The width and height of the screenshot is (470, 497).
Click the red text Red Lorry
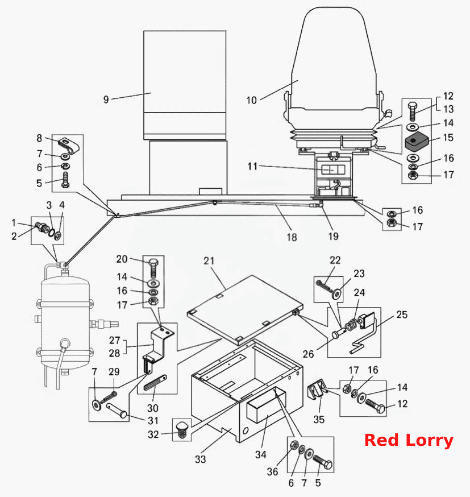[x=409, y=441]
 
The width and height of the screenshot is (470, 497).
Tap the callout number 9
[x=106, y=100]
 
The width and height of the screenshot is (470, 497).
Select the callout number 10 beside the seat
[x=251, y=101]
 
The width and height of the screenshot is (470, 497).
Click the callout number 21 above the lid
[x=209, y=261]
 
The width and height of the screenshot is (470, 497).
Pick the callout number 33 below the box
[x=200, y=459]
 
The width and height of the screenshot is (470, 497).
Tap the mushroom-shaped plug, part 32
[x=182, y=430]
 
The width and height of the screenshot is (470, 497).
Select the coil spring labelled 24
[x=351, y=325]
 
